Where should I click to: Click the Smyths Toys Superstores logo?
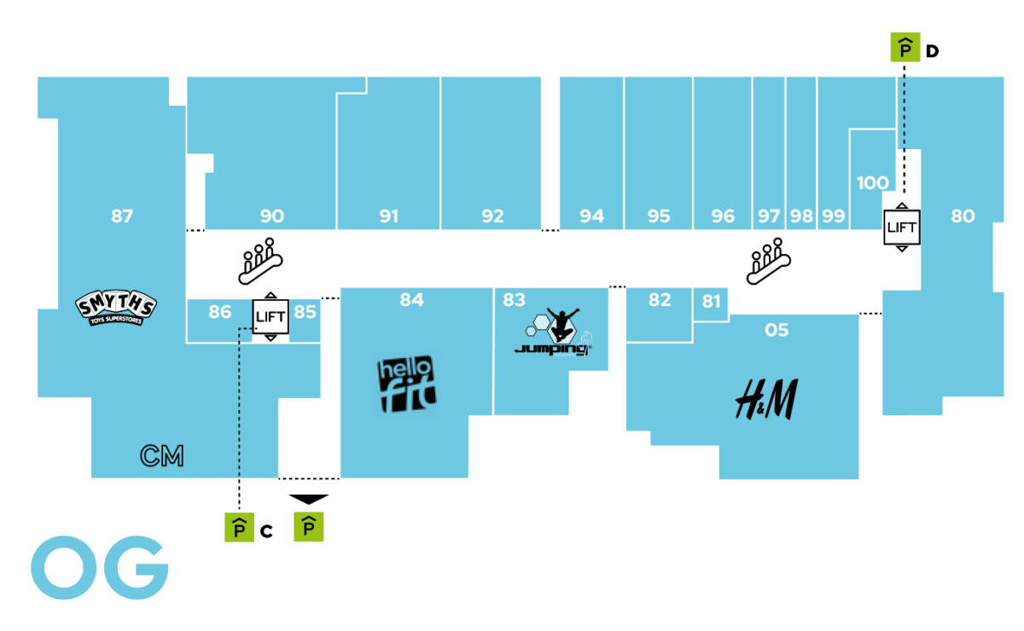click(x=116, y=308)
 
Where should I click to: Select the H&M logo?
click(x=765, y=399)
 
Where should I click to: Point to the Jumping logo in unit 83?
click(x=553, y=335)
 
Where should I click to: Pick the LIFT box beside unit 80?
click(x=901, y=227)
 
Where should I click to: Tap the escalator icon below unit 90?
click(x=259, y=261)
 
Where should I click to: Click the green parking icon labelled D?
click(x=904, y=49)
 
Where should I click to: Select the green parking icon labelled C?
click(x=239, y=529)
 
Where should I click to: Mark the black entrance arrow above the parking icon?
click(x=308, y=499)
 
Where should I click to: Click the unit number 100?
click(x=872, y=182)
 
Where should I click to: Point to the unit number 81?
click(x=712, y=301)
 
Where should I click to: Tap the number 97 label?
click(x=769, y=217)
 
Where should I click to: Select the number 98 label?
click(x=801, y=217)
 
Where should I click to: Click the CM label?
click(x=162, y=456)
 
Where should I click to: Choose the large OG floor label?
click(x=99, y=567)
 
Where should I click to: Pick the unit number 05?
click(x=777, y=330)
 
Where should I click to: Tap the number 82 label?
click(x=660, y=300)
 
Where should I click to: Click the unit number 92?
click(x=492, y=217)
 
